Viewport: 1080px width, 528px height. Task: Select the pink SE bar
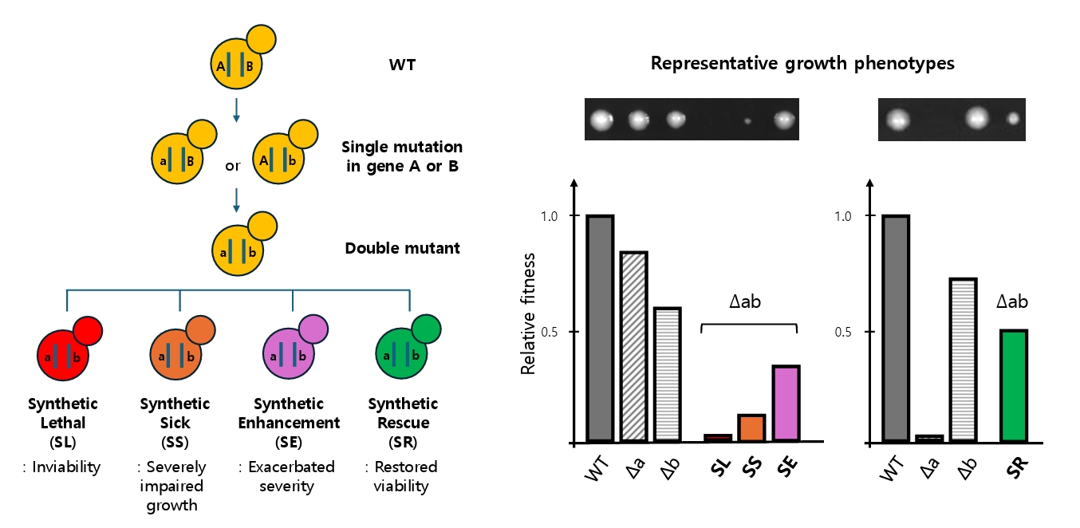786,403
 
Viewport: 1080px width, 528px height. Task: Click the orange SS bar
751,428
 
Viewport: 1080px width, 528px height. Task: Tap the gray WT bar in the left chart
599,328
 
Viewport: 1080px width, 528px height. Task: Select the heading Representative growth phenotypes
802,64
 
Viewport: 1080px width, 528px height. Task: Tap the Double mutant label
402,248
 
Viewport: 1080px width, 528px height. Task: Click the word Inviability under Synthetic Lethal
66,467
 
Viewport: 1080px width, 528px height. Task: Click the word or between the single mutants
232,165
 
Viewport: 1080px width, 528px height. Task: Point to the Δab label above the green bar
1012,302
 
